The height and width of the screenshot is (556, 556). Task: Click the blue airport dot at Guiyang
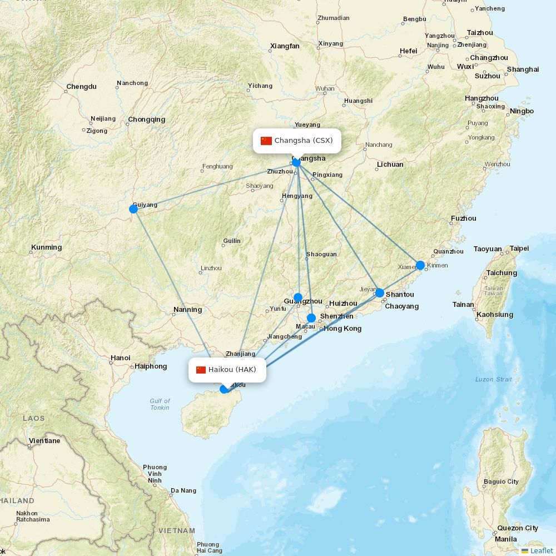(x=133, y=209)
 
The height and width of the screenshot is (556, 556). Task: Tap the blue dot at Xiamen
(x=420, y=265)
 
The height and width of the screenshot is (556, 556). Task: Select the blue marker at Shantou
(x=380, y=293)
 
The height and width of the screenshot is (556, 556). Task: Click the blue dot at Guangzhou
(x=298, y=297)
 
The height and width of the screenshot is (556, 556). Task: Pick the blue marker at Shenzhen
(x=311, y=318)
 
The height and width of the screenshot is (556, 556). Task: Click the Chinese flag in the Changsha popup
(x=266, y=141)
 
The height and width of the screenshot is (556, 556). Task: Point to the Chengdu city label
(x=81, y=87)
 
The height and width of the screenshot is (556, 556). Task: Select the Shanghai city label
(x=523, y=69)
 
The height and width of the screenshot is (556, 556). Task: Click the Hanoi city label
(x=121, y=358)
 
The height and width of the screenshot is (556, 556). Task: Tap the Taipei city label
(x=519, y=249)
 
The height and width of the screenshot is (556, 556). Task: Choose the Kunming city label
(x=47, y=247)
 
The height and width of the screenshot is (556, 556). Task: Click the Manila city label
(x=505, y=539)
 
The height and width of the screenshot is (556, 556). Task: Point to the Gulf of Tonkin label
(x=160, y=404)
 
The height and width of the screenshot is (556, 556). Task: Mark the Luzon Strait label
(x=493, y=379)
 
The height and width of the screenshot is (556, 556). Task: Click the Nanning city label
(x=188, y=310)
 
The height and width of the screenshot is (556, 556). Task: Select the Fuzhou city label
(x=464, y=219)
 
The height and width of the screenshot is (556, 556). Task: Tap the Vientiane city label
(x=44, y=441)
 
